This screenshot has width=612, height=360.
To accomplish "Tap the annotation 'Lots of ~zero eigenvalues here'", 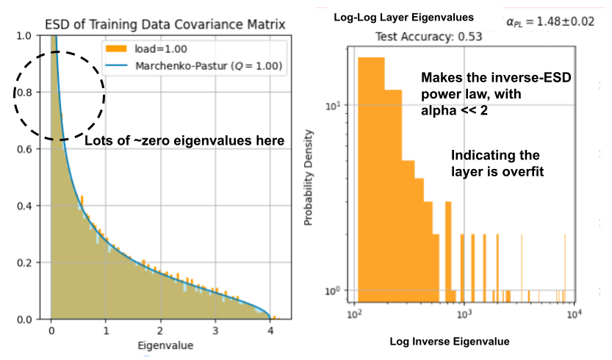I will [184, 140].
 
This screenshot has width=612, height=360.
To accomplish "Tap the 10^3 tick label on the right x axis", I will [464, 314].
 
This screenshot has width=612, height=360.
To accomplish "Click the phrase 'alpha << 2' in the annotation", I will [453, 109].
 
